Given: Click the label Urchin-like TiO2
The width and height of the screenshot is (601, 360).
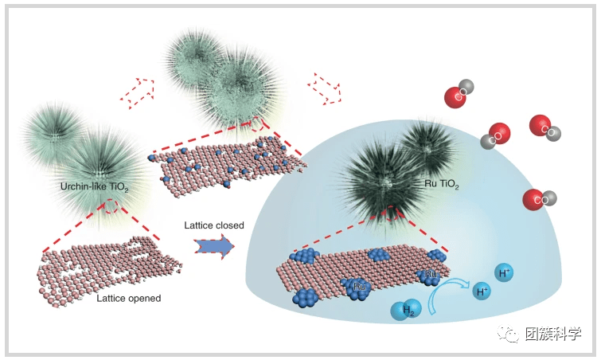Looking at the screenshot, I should [96, 186].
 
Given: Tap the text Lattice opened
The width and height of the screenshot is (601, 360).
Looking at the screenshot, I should [128, 299].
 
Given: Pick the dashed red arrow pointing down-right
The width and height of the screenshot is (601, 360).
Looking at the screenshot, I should [327, 85].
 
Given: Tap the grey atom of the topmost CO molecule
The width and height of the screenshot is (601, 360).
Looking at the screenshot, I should [468, 86].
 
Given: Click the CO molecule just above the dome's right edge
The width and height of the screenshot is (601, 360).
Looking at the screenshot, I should [539, 198].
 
